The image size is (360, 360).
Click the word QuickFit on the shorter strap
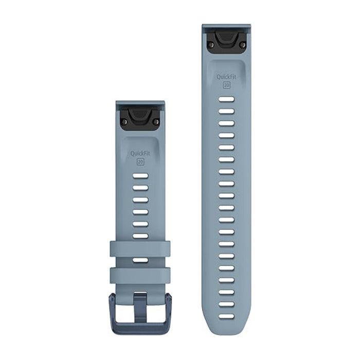coord(140,153)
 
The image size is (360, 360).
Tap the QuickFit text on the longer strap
coord(226,77)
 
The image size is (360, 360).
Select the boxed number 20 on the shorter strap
coord(140,161)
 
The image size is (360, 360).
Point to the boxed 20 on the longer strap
coord(226,85)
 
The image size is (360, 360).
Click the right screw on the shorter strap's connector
coord(156,121)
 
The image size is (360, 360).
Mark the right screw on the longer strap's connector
coord(242,45)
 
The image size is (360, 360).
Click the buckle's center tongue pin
coord(140,303)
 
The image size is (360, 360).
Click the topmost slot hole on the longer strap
coord(226,100)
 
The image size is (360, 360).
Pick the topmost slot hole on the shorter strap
coord(140,176)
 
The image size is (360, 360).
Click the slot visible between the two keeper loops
coord(140,261)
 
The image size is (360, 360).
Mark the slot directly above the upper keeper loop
coord(140,236)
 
